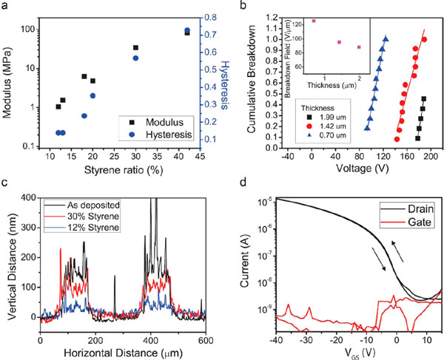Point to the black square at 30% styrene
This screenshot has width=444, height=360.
coord(135,48)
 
